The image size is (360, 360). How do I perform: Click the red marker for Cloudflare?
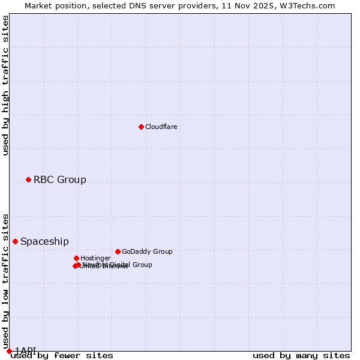point(141,127)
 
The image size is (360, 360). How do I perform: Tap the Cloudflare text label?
point(161,127)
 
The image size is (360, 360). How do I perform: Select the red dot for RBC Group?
point(28,179)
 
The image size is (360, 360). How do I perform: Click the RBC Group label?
point(59,179)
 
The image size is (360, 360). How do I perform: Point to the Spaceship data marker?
point(15,241)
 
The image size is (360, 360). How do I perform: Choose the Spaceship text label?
point(44,241)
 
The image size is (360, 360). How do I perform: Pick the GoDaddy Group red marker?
point(118,251)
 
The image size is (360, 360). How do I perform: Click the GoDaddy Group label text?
point(147,251)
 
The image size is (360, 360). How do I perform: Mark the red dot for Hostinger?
point(76,258)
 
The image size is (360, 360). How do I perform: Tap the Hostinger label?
point(95,258)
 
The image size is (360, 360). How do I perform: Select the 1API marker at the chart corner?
point(9,350)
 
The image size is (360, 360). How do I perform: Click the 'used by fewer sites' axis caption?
point(62,355)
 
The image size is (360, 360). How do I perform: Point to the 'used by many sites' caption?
point(301,355)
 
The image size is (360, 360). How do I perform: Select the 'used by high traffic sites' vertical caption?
point(5,85)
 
